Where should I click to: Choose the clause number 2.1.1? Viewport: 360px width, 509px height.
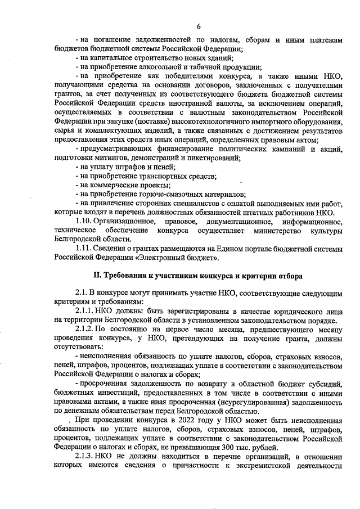point(85,310)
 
